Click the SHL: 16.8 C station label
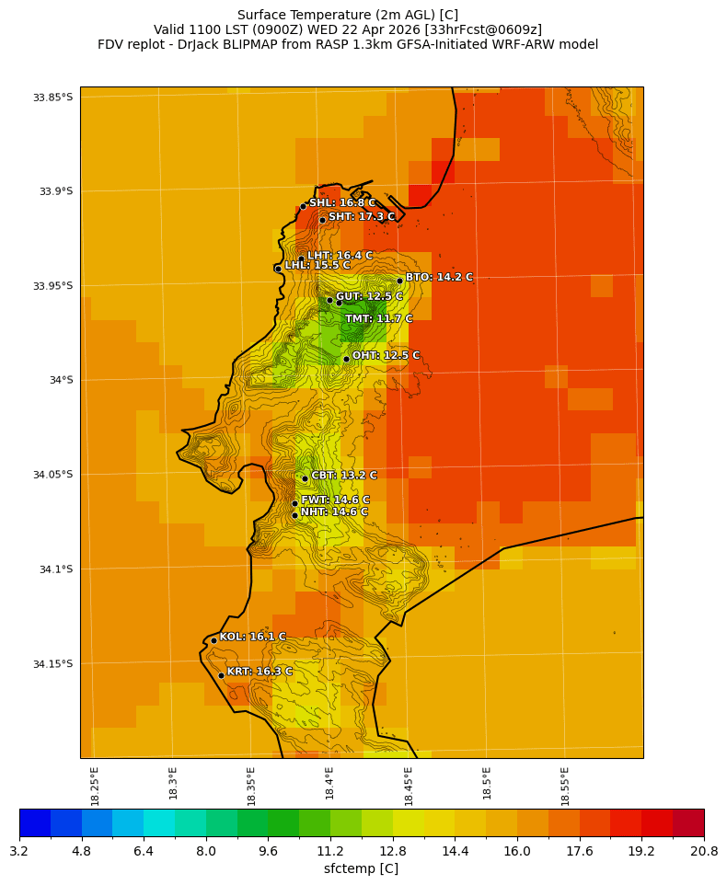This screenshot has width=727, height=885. click(x=341, y=203)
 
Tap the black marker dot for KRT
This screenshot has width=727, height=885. click(x=221, y=675)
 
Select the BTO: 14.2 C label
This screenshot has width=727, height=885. click(x=439, y=277)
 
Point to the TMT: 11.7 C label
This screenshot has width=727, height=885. click(x=378, y=319)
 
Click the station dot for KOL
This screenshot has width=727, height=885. click(x=213, y=640)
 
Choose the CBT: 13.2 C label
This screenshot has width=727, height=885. click(x=343, y=476)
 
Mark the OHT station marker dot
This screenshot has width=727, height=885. click(x=346, y=359)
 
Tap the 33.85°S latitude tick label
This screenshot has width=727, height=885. click(x=52, y=98)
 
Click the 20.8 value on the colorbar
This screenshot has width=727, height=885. click(x=703, y=851)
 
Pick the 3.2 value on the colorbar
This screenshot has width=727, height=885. click(x=19, y=851)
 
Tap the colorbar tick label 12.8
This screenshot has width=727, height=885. click(x=393, y=851)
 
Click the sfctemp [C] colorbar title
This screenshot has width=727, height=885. click(x=361, y=868)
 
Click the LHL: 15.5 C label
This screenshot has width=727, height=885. click(x=317, y=265)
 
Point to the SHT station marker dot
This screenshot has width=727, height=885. click(x=322, y=219)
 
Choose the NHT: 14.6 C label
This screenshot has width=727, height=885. click(x=333, y=512)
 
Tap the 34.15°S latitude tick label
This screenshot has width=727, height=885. click(x=52, y=664)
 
